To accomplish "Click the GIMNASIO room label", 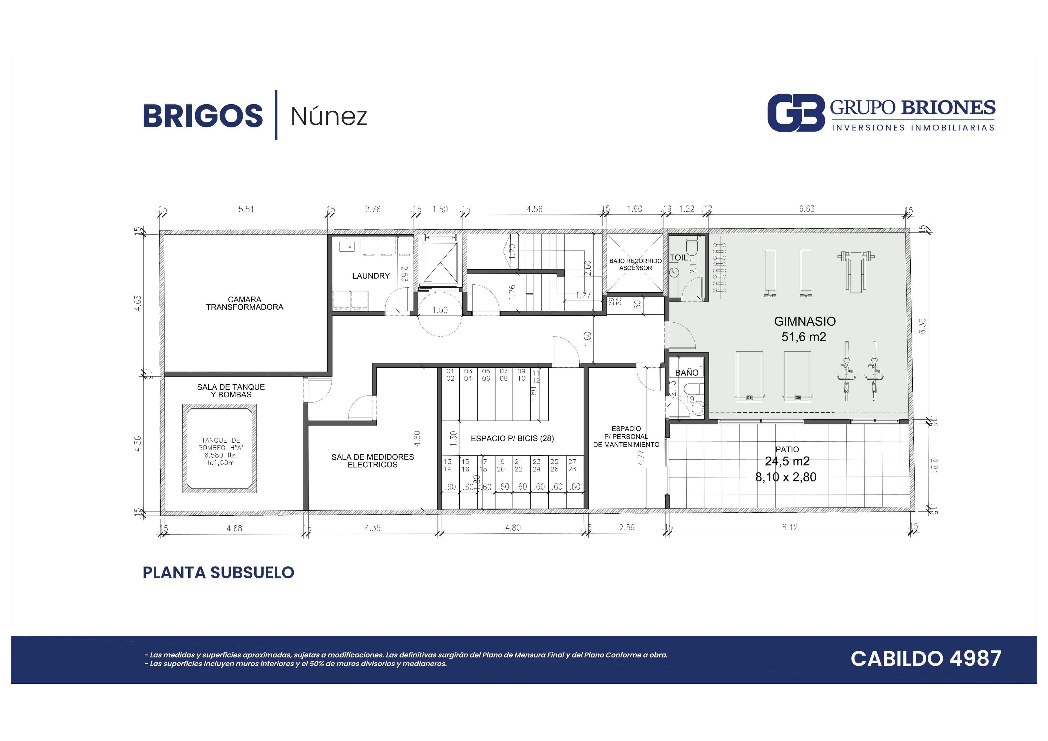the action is point(805,322).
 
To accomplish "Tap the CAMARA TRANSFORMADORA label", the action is point(245,303).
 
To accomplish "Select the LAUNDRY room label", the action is point(371,276).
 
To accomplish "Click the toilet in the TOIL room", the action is point(692,245).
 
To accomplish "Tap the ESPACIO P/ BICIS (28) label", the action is point(512,438).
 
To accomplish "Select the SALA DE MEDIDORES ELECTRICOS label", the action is point(373,461).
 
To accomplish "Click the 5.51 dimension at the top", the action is point(246,209).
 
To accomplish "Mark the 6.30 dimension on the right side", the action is point(922,326).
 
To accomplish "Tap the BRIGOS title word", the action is point(203,116).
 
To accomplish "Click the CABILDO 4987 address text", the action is point(926,658).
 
